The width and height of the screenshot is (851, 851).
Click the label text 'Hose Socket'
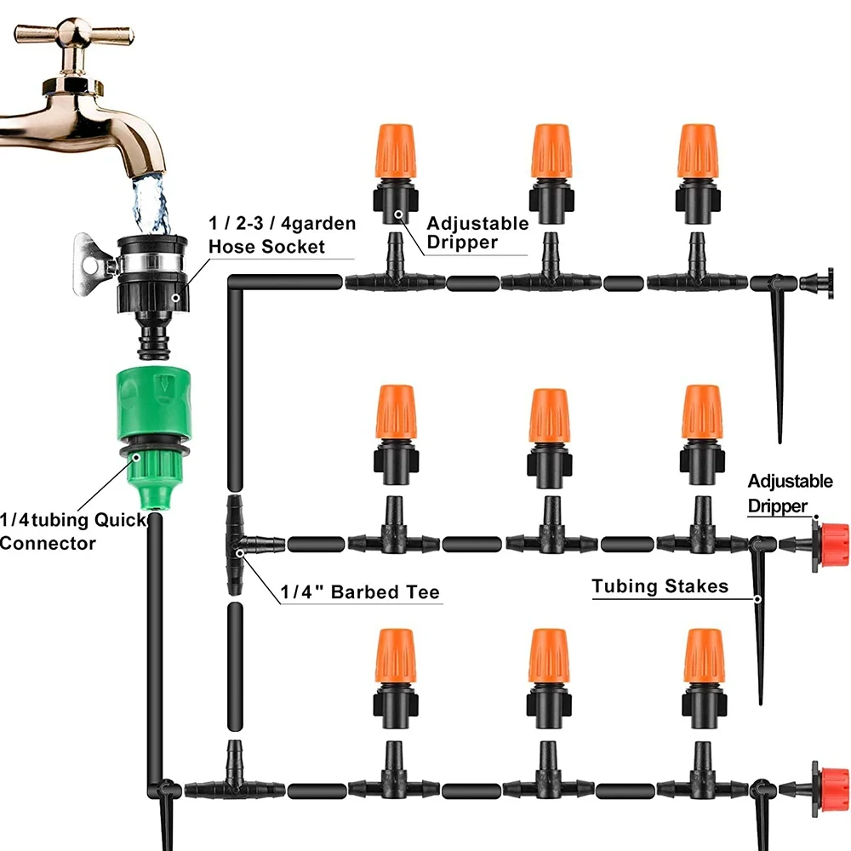click(x=267, y=247)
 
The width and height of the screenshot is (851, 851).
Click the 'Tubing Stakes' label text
click(x=660, y=585)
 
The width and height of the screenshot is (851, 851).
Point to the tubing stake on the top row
click(x=776, y=357)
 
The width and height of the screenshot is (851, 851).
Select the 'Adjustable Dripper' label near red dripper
click(x=790, y=494)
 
